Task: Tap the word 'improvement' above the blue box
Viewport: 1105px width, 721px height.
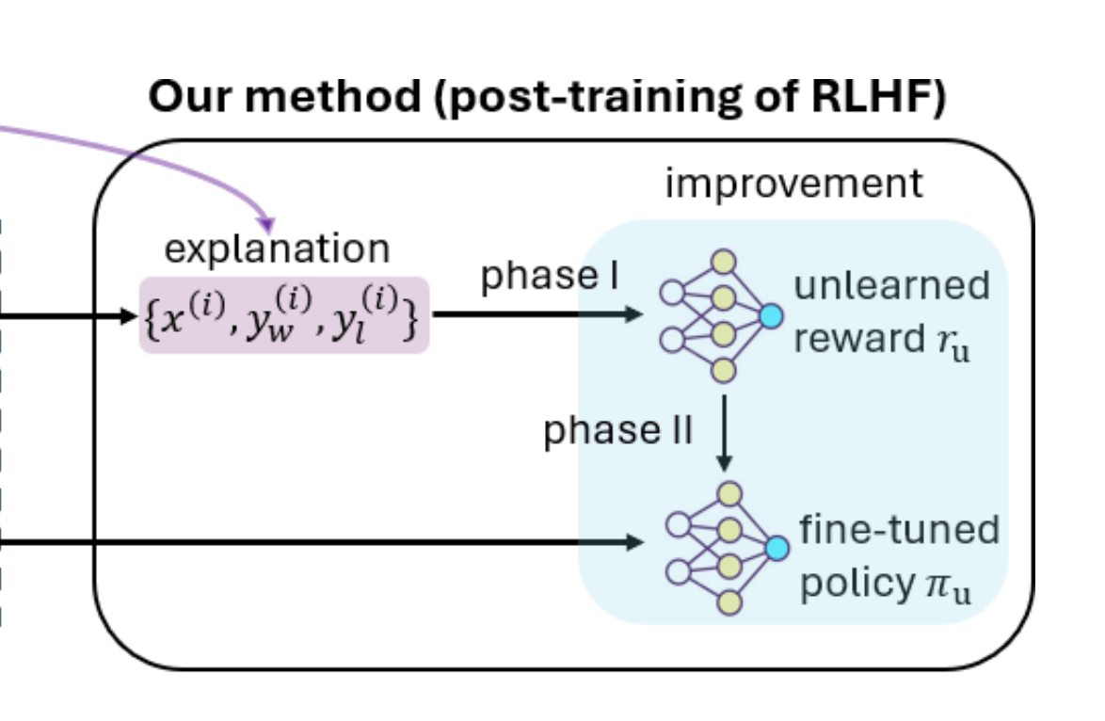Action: click(x=793, y=184)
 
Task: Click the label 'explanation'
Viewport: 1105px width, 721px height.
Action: click(x=277, y=248)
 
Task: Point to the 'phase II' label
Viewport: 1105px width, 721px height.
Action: click(x=618, y=431)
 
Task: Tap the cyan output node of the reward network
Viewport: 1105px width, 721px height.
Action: click(x=771, y=316)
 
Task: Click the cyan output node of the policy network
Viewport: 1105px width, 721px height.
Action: click(x=777, y=548)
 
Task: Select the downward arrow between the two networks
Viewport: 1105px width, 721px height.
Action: click(x=723, y=433)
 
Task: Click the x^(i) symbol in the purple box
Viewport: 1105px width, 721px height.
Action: click(x=188, y=317)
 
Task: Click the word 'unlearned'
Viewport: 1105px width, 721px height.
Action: click(x=891, y=285)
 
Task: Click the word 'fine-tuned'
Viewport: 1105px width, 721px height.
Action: click(x=899, y=530)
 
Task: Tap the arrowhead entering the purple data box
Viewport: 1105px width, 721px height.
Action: click(x=132, y=316)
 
